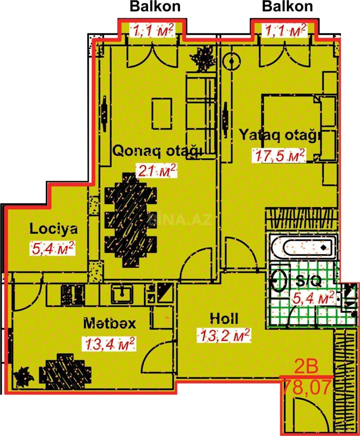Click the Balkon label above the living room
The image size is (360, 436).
click(155, 7)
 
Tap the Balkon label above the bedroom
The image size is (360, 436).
click(287, 7)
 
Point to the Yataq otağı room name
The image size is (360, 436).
click(280, 135)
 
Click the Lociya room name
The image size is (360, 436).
click(53, 229)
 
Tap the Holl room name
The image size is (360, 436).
click(224, 319)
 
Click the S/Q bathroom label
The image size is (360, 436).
click(308, 281)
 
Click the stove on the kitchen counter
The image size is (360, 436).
click(73, 294)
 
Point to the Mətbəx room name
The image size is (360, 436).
click(109, 323)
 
